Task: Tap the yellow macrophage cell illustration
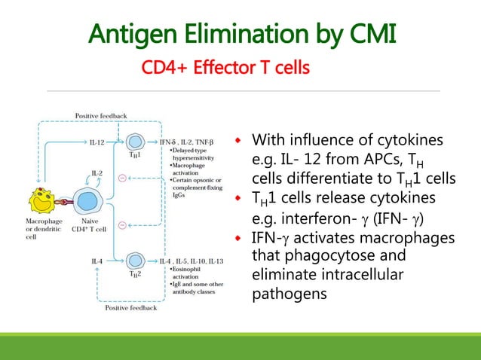point(44,200)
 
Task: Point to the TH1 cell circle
point(135,141)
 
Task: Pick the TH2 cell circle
point(135,261)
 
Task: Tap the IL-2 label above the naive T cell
point(97,172)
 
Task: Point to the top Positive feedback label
point(100,115)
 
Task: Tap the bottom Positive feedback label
point(131,308)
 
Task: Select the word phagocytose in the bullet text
point(317,256)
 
